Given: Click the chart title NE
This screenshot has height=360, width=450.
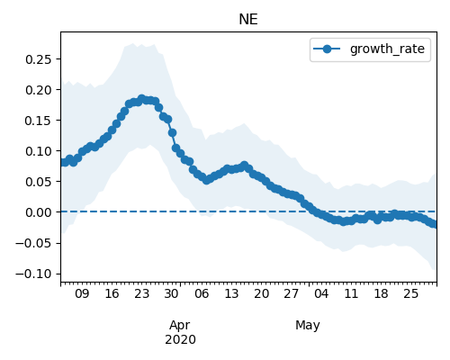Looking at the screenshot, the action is [248, 20].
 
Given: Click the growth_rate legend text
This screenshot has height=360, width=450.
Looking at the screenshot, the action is [387, 49].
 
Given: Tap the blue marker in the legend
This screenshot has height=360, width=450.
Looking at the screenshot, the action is [327, 49].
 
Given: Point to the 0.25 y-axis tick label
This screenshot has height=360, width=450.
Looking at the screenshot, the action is [39, 59].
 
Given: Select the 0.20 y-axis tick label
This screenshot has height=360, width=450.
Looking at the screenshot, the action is [39, 90].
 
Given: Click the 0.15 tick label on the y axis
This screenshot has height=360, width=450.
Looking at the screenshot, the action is [39, 121].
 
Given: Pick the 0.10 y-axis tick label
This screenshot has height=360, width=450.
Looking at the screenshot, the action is [39, 151].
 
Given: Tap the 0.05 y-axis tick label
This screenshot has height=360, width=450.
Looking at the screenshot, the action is [39, 182].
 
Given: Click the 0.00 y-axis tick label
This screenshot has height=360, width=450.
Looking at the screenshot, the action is [39, 212].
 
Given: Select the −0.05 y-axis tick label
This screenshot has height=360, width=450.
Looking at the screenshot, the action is [33, 243].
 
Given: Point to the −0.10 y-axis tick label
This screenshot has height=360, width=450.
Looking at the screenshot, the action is [33, 274].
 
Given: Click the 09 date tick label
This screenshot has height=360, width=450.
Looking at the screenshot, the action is [82, 293].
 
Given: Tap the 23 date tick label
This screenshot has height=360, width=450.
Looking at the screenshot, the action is [141, 293].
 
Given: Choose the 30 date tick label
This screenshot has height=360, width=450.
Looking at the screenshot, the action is [172, 293].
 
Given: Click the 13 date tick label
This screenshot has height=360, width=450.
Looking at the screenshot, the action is [231, 293].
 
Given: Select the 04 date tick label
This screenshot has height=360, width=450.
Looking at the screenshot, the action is [321, 293].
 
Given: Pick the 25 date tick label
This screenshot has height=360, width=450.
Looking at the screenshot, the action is [410, 293].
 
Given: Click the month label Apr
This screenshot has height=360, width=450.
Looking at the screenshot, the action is [180, 326].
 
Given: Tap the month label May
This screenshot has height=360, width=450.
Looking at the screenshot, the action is [308, 326].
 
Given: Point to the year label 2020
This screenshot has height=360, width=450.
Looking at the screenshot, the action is [180, 339].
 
